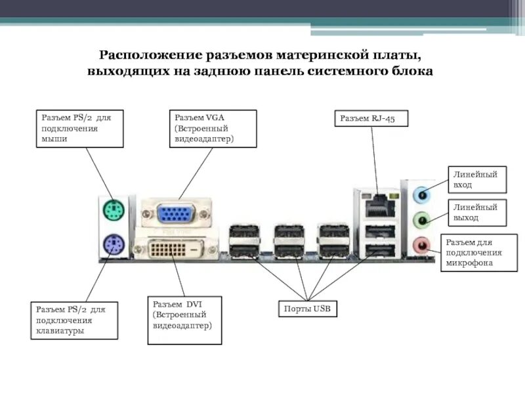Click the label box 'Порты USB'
tap(306, 309)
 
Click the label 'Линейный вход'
tap(477, 179)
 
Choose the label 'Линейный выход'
tap(477, 211)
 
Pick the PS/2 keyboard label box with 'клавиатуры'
tap(75, 320)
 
